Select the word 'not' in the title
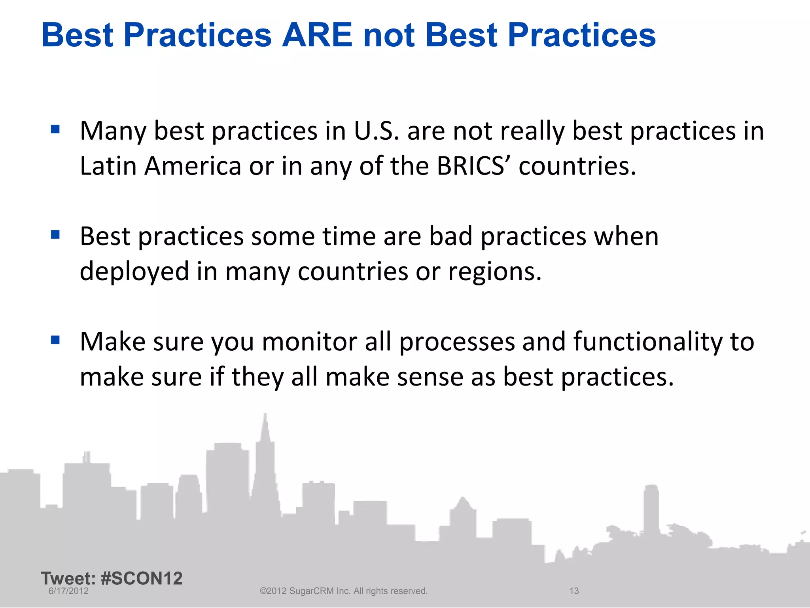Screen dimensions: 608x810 pos(389,35)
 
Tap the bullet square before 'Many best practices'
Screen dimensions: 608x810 pos(55,129)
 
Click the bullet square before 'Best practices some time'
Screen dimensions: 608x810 pos(55,235)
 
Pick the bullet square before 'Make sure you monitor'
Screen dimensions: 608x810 pos(55,340)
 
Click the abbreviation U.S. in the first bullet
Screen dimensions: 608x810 pos(376,131)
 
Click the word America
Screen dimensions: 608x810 pos(193,166)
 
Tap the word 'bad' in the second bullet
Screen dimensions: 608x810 pos(451,236)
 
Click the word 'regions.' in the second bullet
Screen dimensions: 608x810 pos(494,272)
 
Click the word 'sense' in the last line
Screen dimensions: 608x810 pos(430,377)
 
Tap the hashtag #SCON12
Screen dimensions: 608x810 pos(142,578)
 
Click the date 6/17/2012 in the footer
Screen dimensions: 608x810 pos(68,591)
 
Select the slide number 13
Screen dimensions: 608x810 pos(574,591)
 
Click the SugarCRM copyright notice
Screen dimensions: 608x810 pos(343,591)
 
